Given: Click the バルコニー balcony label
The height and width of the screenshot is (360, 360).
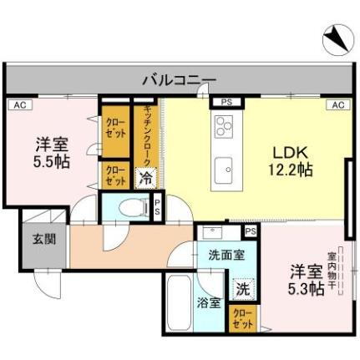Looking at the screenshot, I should tap(178, 80).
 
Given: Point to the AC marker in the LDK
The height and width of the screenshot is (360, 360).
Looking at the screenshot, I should tap(337, 104).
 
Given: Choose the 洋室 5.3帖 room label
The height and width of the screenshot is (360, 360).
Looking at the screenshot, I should tap(307, 279).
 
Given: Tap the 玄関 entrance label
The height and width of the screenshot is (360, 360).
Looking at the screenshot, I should tap(43, 240).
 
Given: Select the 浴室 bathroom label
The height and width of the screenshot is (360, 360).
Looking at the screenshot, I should tap(210, 302).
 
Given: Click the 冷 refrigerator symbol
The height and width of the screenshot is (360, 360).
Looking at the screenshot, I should tap(145, 177).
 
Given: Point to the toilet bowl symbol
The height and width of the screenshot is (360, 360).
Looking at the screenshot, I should tap(128, 207).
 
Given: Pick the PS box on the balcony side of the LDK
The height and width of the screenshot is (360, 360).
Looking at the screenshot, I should tap(226, 103).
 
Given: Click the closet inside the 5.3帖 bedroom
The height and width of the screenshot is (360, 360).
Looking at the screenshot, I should tap(242, 318).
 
